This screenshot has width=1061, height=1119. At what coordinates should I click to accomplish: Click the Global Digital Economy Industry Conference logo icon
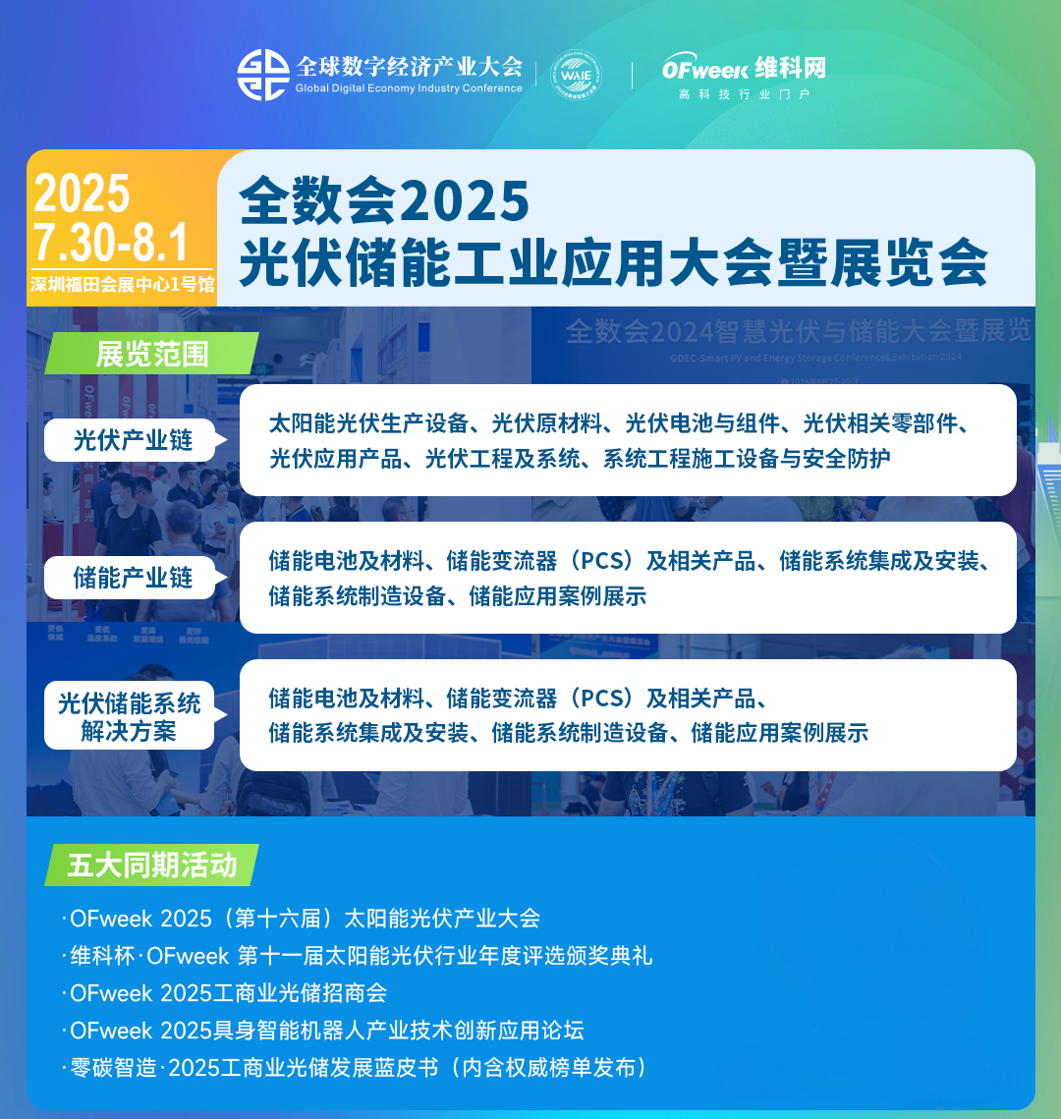coord(262,75)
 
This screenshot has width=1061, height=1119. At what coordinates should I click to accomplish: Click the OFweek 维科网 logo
coord(743,68)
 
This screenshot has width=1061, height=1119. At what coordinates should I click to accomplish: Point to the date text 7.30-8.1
coord(110,242)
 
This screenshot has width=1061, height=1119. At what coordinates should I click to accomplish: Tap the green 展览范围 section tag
coord(151,354)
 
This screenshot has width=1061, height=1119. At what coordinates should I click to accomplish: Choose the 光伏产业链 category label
coord(133,440)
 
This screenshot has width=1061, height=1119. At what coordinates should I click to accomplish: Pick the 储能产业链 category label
coord(133,578)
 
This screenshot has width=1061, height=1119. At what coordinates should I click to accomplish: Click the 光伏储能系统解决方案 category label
coord(129,716)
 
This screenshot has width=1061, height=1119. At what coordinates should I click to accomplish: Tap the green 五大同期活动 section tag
coord(152,865)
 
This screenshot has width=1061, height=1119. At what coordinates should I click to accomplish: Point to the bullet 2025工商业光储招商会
coord(229,993)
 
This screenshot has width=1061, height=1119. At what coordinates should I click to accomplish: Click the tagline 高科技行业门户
coord(743,95)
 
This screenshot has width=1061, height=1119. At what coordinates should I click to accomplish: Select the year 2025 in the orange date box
coord(82,194)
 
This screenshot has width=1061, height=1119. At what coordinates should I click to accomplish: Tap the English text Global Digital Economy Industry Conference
coord(409,88)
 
